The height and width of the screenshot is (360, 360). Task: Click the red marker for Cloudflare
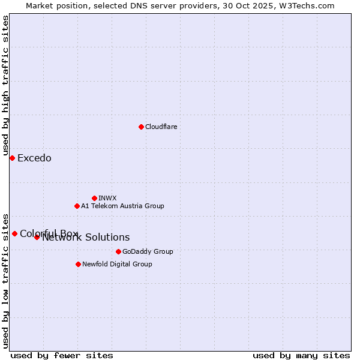(141, 127)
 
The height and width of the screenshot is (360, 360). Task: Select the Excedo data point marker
(12, 158)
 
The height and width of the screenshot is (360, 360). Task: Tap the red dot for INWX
(94, 198)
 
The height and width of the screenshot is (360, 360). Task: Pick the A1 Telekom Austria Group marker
(77, 206)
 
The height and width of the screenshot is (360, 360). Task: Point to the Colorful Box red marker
(14, 233)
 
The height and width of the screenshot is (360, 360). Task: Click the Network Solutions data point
(37, 237)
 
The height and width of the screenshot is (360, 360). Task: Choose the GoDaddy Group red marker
(118, 251)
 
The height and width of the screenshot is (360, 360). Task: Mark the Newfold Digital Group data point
(78, 264)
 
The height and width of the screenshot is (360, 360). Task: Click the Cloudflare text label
(161, 127)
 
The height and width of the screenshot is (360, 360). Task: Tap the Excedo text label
(34, 158)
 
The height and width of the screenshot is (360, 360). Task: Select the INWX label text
(107, 198)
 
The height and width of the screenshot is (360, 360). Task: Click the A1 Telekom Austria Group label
(122, 206)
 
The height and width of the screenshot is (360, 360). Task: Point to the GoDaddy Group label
(147, 251)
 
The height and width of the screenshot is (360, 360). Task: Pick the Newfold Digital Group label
(117, 264)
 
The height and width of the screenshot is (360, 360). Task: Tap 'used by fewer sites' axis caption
(62, 355)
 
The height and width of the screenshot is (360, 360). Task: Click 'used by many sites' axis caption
(301, 355)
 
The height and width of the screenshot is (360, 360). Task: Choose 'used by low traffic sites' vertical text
(5, 280)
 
